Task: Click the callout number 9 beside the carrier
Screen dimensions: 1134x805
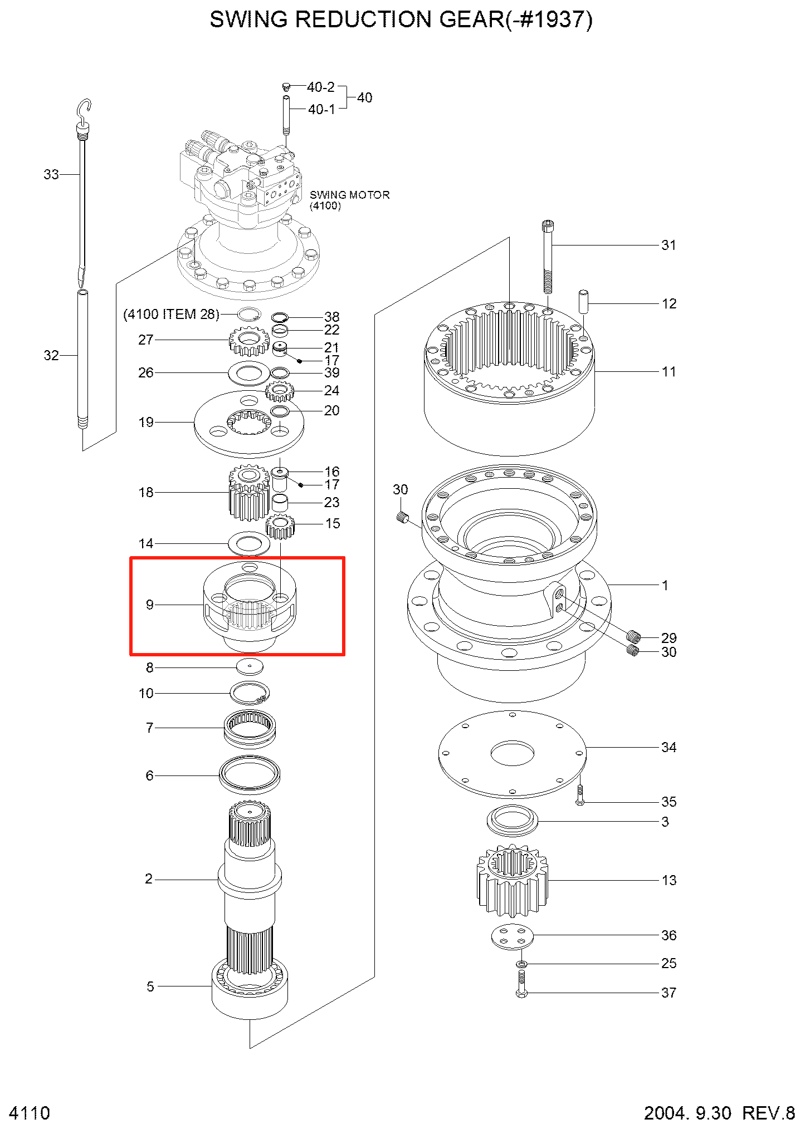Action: pyautogui.click(x=149, y=605)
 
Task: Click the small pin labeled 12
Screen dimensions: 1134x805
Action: pyautogui.click(x=583, y=301)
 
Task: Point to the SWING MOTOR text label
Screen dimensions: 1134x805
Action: pyautogui.click(x=349, y=195)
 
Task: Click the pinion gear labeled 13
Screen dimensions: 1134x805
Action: pyautogui.click(x=512, y=880)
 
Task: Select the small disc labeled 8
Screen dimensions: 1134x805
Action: pyautogui.click(x=250, y=666)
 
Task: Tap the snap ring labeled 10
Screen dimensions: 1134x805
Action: pyautogui.click(x=250, y=693)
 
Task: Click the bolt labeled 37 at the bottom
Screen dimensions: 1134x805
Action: pyautogui.click(x=521, y=984)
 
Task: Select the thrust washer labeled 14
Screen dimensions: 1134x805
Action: pyautogui.click(x=249, y=543)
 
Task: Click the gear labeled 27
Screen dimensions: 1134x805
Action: pyautogui.click(x=249, y=340)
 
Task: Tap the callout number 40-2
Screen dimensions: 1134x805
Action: pyautogui.click(x=320, y=87)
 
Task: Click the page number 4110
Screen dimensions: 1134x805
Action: pyautogui.click(x=30, y=1113)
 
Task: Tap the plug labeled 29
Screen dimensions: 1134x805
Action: pyautogui.click(x=633, y=636)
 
